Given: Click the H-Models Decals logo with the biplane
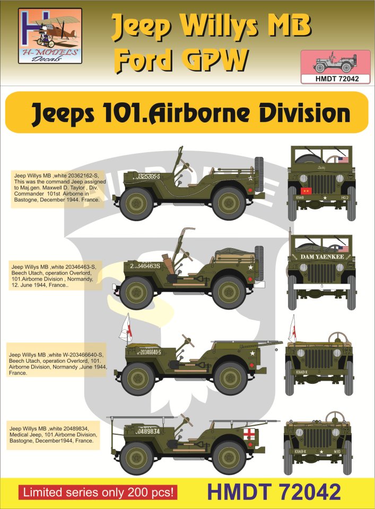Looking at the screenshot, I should coord(51,37).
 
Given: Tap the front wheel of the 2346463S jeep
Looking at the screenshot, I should coord(136,293).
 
